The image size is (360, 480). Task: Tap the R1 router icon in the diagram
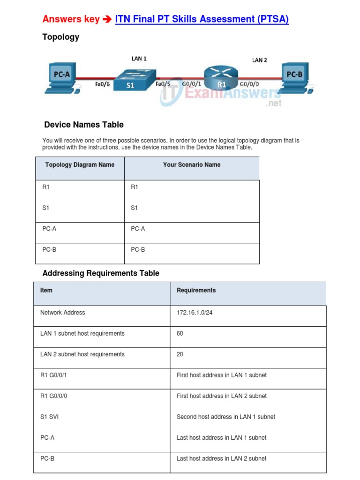click(x=221, y=78)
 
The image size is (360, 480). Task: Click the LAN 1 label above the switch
click(x=139, y=59)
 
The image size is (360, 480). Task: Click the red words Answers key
click(x=71, y=19)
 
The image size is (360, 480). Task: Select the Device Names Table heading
click(x=84, y=125)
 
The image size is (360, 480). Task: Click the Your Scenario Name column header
click(x=192, y=165)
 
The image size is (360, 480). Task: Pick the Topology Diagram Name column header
click(x=80, y=165)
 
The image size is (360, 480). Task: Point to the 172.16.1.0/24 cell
click(x=195, y=313)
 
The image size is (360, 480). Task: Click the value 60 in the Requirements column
click(x=180, y=334)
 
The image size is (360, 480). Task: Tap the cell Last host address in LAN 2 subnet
click(x=221, y=458)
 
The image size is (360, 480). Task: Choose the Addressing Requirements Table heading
click(x=101, y=273)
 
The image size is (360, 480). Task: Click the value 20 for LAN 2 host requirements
click(x=180, y=354)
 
